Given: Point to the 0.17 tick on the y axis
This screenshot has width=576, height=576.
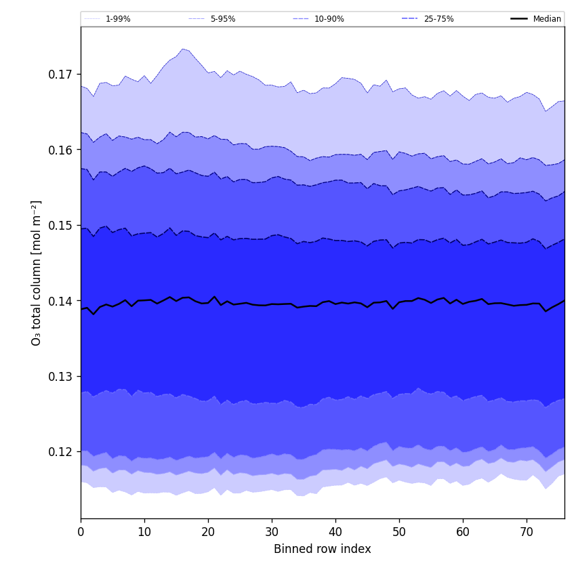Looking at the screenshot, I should pyautogui.click(x=62, y=74).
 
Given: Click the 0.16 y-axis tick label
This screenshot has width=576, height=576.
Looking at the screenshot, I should pyautogui.click(x=62, y=150).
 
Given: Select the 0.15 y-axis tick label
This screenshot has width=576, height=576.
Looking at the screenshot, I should pyautogui.click(x=62, y=225).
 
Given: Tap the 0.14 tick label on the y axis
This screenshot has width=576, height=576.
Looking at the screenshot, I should pyautogui.click(x=62, y=301).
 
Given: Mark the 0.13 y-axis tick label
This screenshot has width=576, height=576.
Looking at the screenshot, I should pyautogui.click(x=62, y=376).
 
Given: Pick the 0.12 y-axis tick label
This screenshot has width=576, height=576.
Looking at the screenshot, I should pyautogui.click(x=62, y=452).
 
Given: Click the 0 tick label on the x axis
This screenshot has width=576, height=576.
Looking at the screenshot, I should pyautogui.click(x=81, y=532).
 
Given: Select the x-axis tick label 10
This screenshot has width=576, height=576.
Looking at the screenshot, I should pyautogui.click(x=144, y=532).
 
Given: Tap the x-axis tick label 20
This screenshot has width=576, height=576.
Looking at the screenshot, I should pyautogui.click(x=208, y=532).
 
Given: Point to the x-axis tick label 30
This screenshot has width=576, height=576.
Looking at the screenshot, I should pyautogui.click(x=272, y=532).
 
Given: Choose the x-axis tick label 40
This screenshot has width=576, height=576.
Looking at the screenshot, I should pyautogui.click(x=335, y=532).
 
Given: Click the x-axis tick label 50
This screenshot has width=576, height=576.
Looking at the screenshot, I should pyautogui.click(x=399, y=532).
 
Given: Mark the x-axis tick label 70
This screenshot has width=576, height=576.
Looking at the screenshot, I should pyautogui.click(x=527, y=532).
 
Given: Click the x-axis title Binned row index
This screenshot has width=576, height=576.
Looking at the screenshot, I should pyautogui.click(x=323, y=549).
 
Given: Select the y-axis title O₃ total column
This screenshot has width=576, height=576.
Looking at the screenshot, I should pyautogui.click(x=37, y=272).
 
